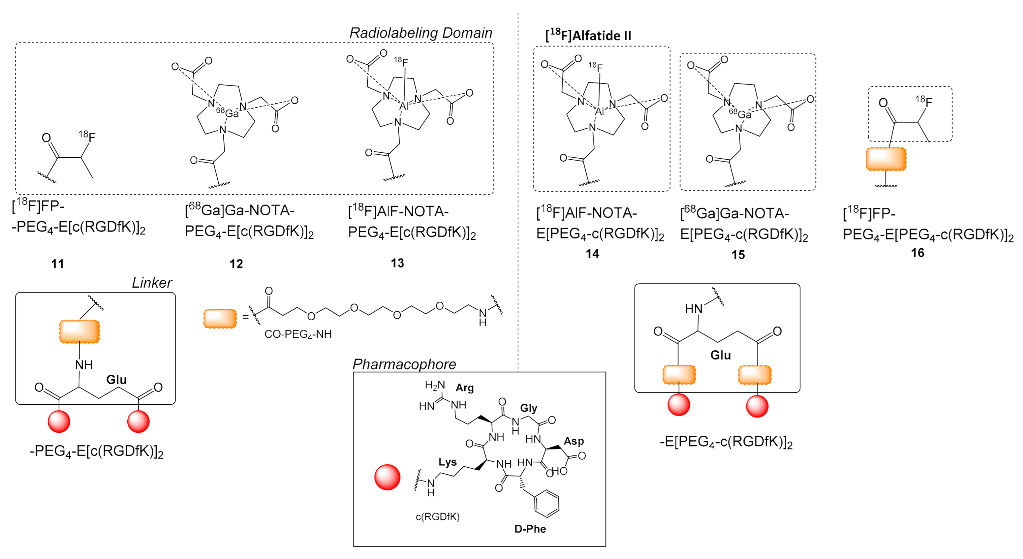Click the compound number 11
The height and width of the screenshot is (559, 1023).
pos(58,264)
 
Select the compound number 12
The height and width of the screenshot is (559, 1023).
pos(236,264)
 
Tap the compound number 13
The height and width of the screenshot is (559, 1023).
pos(397,263)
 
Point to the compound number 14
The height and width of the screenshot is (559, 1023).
pos(592,254)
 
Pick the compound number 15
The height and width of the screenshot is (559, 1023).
pos(738,255)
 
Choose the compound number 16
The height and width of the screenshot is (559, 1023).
pos(917,253)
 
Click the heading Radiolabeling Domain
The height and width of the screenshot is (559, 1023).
pos(421,33)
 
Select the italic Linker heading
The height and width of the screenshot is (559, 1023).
pos(152,283)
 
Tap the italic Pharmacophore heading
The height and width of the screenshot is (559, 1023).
pos(404,364)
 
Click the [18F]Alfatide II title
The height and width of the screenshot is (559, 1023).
pos(588,35)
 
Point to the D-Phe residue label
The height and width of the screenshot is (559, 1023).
pos(530,529)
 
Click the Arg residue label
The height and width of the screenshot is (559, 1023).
pos(465,388)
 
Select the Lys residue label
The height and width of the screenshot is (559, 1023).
pos(448,462)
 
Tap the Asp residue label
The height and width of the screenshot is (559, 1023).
pos(574,441)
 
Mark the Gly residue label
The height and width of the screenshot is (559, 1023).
pos(529,408)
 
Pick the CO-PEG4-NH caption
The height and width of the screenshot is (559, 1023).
pos(298,335)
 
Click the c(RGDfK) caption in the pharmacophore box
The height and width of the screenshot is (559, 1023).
pos(438,517)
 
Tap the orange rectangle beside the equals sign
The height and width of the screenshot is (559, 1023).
pos(220,319)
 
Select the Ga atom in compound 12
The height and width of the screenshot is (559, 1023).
pos(232,114)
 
